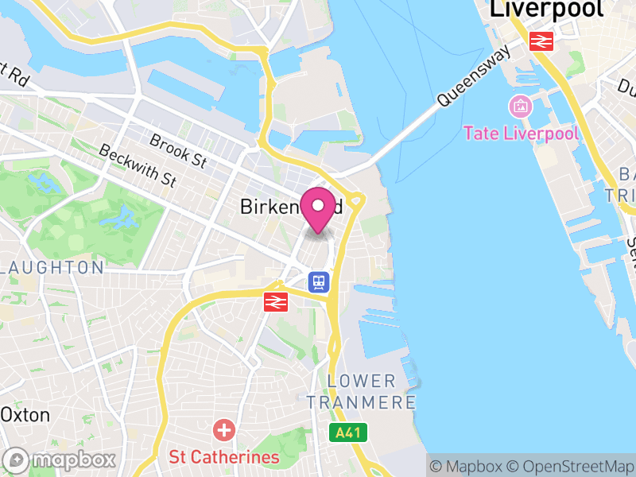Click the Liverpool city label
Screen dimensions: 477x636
pyautogui.click(x=546, y=10)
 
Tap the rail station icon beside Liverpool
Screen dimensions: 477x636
pyautogui.click(x=542, y=41)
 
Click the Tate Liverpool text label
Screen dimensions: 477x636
pyautogui.click(x=521, y=133)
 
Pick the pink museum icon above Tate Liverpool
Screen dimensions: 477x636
pyautogui.click(x=521, y=105)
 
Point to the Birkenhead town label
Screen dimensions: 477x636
pyautogui.click(x=291, y=207)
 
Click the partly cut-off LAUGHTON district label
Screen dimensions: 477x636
pyautogui.click(x=52, y=267)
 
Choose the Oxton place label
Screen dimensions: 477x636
pyautogui.click(x=25, y=415)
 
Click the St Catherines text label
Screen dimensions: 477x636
pyautogui.click(x=223, y=457)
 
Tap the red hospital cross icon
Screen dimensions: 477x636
pyautogui.click(x=224, y=432)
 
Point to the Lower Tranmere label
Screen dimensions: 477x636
pyautogui.click(x=372, y=391)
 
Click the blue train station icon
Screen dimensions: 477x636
pyautogui.click(x=319, y=281)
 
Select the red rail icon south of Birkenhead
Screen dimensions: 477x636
pyautogui.click(x=276, y=301)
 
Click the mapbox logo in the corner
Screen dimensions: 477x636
pyautogui.click(x=60, y=460)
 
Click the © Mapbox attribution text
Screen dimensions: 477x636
pyautogui.click(x=470, y=467)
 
